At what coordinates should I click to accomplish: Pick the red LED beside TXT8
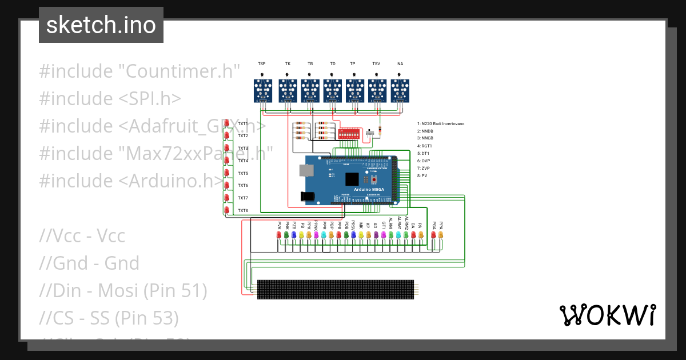(227, 211)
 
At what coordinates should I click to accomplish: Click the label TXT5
(243, 173)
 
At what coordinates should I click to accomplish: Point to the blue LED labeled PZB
(294, 235)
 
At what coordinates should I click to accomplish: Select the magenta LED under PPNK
(316, 235)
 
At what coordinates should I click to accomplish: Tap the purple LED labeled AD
(376, 235)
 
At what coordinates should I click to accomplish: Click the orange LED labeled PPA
(441, 235)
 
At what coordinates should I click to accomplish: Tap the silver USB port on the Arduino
(306, 170)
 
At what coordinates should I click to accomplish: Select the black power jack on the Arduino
(308, 196)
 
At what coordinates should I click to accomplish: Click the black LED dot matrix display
(335, 289)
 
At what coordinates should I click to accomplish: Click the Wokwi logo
(607, 315)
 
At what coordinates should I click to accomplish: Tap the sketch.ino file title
(101, 25)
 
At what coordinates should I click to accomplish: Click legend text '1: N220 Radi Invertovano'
(441, 123)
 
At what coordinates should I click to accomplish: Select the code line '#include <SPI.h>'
(110, 98)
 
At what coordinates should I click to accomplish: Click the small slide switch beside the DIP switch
(370, 133)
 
